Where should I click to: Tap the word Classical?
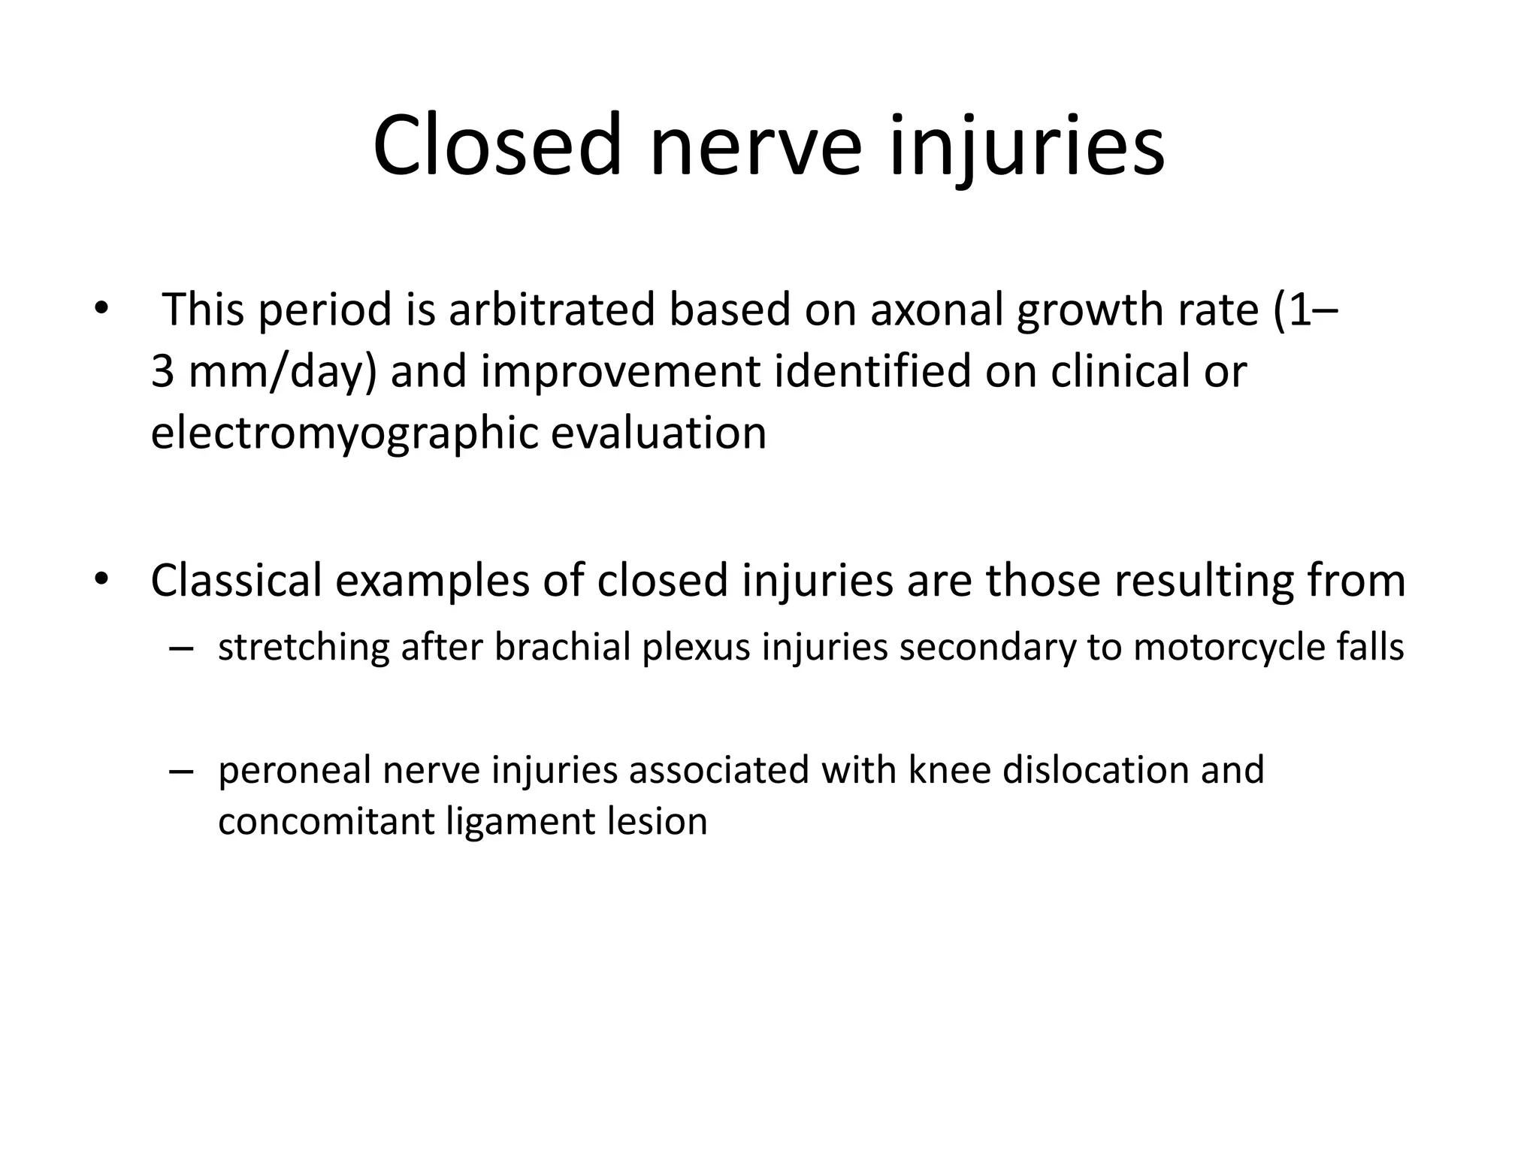click(236, 580)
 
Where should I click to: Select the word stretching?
click(304, 648)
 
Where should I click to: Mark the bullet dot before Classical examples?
click(102, 580)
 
